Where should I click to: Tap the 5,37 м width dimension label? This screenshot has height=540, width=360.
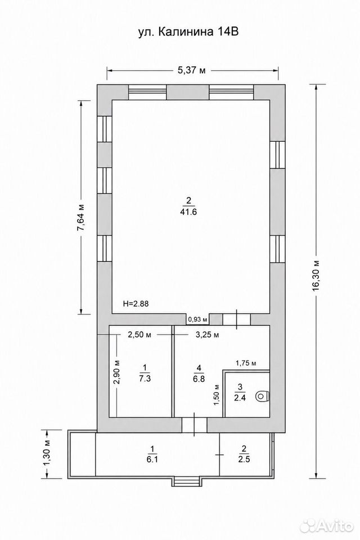click(x=192, y=70)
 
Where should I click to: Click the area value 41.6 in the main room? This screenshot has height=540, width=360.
click(x=188, y=213)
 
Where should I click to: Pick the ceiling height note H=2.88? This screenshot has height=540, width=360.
click(x=136, y=304)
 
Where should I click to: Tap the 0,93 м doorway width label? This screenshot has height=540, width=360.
click(x=197, y=319)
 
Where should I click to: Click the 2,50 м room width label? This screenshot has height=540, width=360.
click(x=140, y=334)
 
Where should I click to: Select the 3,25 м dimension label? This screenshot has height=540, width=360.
click(x=207, y=334)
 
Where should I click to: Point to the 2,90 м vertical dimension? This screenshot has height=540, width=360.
click(x=117, y=372)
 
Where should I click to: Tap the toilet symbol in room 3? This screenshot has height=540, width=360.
click(x=263, y=397)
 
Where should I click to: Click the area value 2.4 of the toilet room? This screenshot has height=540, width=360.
click(x=240, y=397)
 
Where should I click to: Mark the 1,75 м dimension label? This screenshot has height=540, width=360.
click(x=246, y=363)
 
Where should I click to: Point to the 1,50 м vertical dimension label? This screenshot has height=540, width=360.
click(x=217, y=395)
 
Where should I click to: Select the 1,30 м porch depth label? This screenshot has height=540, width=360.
click(x=47, y=453)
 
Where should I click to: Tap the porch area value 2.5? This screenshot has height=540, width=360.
click(x=244, y=460)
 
